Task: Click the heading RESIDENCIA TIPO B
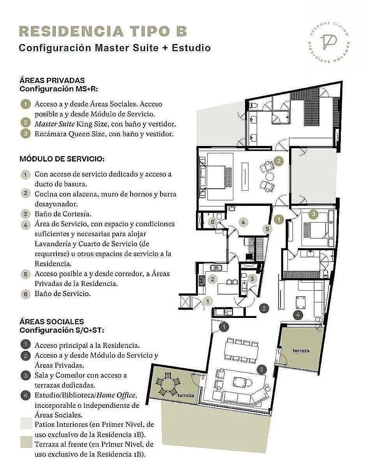coord(103,32)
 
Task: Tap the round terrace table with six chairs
coord(168,384)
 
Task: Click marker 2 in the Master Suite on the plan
coord(279,161)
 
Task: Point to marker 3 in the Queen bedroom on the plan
coord(314,214)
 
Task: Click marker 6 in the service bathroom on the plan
coord(213,222)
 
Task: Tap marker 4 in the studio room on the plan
coord(298,315)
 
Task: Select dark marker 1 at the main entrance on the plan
coord(224,327)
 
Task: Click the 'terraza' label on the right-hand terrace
coord(301,351)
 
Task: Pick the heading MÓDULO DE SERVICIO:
coord(62,159)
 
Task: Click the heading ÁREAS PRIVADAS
coord(52,81)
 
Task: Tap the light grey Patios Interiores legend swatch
coord(26,423)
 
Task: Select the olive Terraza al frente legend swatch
coord(26,442)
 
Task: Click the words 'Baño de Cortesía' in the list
coord(63,214)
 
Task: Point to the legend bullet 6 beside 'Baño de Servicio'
coord(26,294)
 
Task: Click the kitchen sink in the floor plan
coord(216,268)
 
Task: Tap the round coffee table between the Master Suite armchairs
coord(270,177)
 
